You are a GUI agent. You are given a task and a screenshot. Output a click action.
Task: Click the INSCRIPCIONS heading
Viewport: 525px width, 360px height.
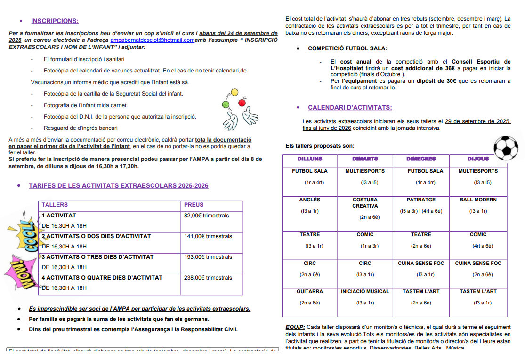[x=55, y=21]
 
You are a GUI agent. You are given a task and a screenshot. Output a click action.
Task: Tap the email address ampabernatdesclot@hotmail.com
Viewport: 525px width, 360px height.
[x=152, y=40]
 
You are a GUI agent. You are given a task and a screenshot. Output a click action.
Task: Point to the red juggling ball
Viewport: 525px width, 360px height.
[x=242, y=103]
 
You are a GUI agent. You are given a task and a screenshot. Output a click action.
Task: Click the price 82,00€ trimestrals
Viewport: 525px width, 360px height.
[x=206, y=216]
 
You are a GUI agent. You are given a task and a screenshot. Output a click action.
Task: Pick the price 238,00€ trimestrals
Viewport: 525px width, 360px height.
[x=208, y=278]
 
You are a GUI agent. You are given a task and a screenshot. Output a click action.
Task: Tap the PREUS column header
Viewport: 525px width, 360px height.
[x=194, y=205]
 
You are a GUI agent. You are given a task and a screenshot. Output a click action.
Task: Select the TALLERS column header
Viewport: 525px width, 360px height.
[x=55, y=205]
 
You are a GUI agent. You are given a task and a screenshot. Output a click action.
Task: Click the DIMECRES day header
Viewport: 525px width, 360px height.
[x=421, y=159]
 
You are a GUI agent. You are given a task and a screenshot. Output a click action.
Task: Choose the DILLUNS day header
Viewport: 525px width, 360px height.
[x=310, y=159]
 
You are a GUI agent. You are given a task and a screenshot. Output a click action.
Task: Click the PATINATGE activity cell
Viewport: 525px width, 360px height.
[x=421, y=200]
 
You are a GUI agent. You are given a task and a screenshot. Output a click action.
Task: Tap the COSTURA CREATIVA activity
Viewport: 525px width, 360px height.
[x=365, y=203]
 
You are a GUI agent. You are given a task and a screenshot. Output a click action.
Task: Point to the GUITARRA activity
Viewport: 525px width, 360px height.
[x=310, y=292]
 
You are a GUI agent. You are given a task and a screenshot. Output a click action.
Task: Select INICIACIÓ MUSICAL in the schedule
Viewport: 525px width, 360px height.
[x=365, y=292]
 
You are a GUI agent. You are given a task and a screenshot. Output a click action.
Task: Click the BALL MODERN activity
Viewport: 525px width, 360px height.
[x=478, y=200]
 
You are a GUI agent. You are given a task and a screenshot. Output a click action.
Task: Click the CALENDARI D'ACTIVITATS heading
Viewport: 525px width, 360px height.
[x=350, y=108]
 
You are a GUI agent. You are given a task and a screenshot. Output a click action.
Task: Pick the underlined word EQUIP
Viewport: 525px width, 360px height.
[x=295, y=327]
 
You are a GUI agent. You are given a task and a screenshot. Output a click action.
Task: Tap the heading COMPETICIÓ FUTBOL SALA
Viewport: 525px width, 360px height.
[x=347, y=48]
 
